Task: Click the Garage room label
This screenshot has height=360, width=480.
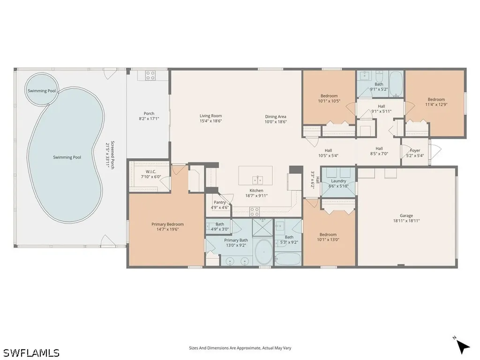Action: coord(406,216)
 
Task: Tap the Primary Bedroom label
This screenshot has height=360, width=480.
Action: coord(167,224)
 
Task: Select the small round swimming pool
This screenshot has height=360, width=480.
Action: coord(41,89)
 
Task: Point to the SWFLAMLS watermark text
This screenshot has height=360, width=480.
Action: coord(30,352)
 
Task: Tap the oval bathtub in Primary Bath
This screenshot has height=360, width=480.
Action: coord(263,252)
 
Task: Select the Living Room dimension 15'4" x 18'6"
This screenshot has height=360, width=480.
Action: coord(210,120)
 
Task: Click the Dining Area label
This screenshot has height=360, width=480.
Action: coord(276,116)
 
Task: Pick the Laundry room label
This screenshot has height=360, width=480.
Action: coord(338,181)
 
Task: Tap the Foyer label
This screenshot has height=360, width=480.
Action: coord(415,150)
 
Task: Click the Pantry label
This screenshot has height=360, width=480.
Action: coord(219,202)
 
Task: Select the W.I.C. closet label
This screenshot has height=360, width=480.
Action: coord(150,172)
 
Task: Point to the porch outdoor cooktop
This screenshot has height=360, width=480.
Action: coord(150,75)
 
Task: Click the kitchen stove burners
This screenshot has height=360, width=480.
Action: coord(255,211)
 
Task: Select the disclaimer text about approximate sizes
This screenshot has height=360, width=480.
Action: coord(240,348)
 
